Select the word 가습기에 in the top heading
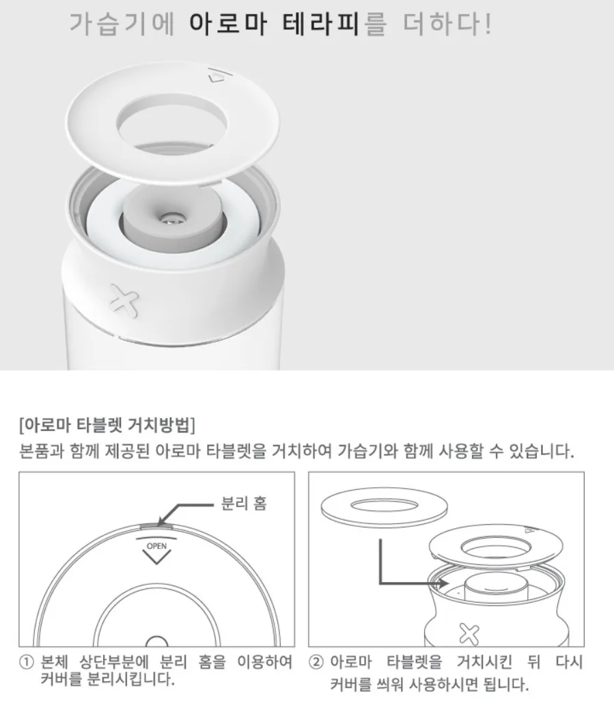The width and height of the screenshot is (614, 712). coord(122,24)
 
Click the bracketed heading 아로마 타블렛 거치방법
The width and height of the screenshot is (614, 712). coord(107,424)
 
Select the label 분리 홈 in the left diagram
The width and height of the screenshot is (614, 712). coord(244,503)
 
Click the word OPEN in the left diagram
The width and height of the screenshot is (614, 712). coord(156,546)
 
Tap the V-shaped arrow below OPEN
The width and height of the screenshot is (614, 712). coord(156,557)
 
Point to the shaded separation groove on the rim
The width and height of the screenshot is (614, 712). coord(156,526)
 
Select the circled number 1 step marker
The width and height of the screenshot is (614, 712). coord(27,662)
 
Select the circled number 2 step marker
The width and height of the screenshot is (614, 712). coord(316,662)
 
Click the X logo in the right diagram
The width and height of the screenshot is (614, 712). coord(469,634)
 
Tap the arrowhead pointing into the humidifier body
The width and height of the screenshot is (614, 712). coord(444,583)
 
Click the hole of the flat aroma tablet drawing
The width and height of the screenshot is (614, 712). coord(384,504)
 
